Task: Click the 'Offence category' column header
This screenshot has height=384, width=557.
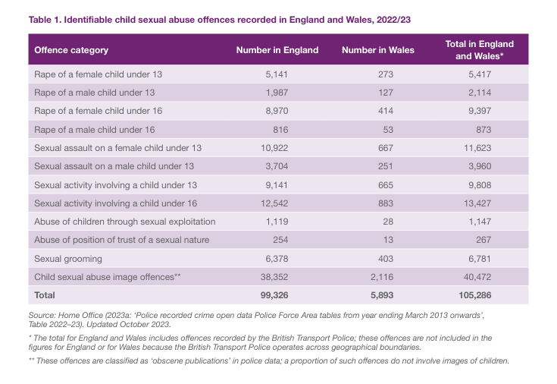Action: pos(71,50)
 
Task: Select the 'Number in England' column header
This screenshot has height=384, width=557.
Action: pos(277,50)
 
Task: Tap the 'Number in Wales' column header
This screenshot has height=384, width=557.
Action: pos(377,50)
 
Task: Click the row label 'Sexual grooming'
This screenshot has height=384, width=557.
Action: pos(66,258)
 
